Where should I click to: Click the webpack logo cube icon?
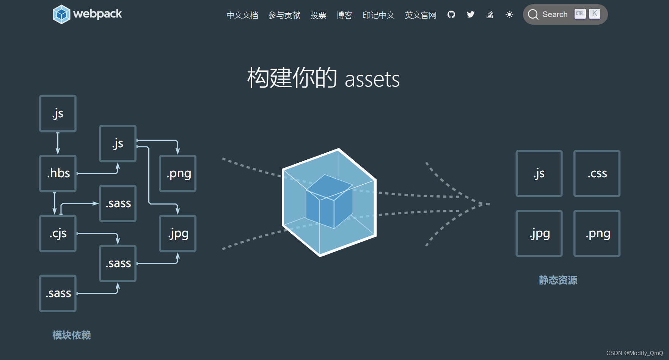coord(61,14)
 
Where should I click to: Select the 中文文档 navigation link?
coord(242,15)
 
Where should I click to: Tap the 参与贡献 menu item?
coord(284,15)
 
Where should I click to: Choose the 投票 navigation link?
coord(318,15)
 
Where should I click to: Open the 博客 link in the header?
coord(344,15)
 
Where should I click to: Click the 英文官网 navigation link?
coord(420,15)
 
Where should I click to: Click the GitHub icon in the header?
coord(451,15)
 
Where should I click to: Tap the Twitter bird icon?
coord(471,15)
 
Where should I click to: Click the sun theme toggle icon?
coord(509,15)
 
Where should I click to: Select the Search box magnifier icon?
coord(533,14)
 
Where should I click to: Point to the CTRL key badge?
coord(580,14)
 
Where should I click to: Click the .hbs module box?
coord(58,173)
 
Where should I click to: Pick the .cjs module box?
coord(58,233)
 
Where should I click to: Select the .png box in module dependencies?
coord(178,173)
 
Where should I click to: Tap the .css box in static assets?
coord(597,173)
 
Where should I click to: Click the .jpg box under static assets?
coord(539,233)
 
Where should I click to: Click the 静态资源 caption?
coord(558,280)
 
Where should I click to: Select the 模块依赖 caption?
coord(71,335)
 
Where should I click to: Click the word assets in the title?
coord(372,79)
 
